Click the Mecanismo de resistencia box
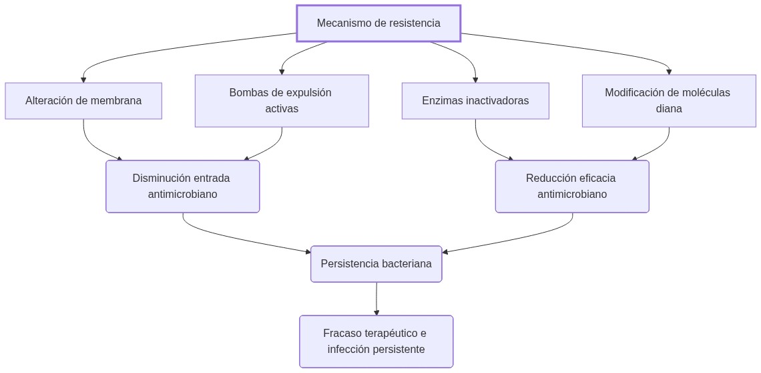point(378,23)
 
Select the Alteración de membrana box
point(83,101)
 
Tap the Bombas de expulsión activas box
point(281,100)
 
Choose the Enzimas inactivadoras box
point(475,101)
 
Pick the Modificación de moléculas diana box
point(668,100)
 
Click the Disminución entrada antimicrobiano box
point(182,186)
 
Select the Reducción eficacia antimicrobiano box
point(571,186)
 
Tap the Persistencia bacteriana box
point(376,264)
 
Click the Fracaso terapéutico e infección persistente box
point(376,342)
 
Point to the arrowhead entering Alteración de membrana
point(83,79)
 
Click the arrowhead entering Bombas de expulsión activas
point(282,71)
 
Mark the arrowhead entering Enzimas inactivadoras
point(475,79)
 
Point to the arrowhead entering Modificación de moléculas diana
point(669,71)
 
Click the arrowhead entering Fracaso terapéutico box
point(376,312)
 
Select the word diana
point(668,109)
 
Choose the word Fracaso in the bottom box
point(343,334)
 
